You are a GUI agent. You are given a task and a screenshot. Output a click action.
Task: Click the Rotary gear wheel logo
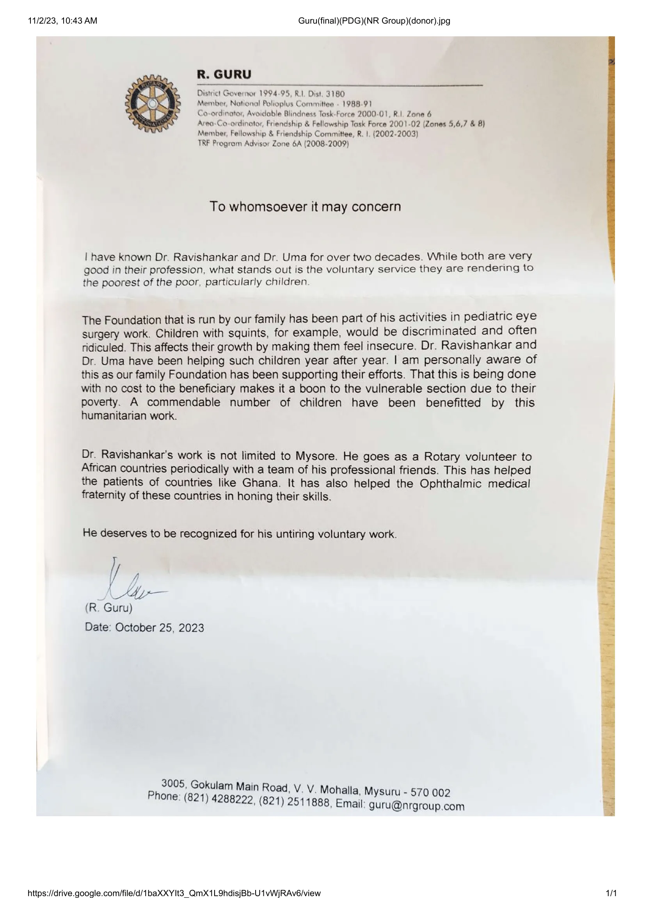pyautogui.click(x=153, y=104)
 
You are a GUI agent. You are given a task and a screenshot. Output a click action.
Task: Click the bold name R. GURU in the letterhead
pyautogui.click(x=224, y=75)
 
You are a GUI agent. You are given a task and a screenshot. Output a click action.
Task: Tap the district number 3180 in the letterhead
pyautogui.click(x=335, y=94)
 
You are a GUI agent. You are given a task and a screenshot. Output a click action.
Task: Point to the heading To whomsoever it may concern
pyautogui.click(x=305, y=207)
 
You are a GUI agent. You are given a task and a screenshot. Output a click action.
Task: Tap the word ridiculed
pyautogui.click(x=103, y=347)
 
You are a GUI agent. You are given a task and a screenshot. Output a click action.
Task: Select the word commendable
pyautogui.click(x=184, y=402)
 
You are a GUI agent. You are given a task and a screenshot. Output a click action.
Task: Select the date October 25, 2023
pyautogui.click(x=159, y=628)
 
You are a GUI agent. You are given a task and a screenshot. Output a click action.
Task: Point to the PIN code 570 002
pyautogui.click(x=430, y=793)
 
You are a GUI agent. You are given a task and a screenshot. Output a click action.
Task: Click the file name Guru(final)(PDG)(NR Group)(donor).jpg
pyautogui.click(x=374, y=21)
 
